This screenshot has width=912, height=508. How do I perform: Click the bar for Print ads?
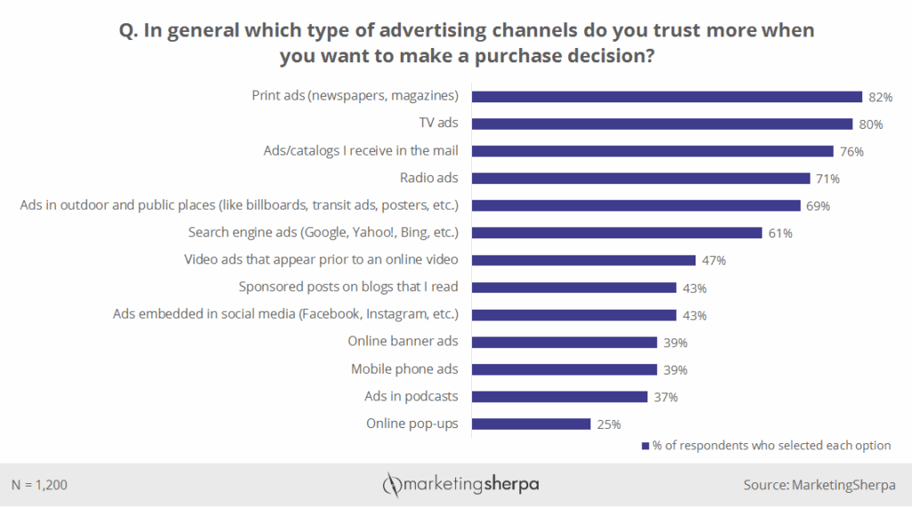pyautogui.click(x=666, y=96)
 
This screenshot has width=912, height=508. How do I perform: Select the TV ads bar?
pyautogui.click(x=662, y=124)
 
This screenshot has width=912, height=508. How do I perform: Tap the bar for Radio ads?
pyautogui.click(x=640, y=178)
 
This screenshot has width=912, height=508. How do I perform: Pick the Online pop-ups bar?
pyautogui.click(x=531, y=424)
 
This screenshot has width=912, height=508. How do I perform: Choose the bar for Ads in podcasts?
pyautogui.click(x=559, y=397)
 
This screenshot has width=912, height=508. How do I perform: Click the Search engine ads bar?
pyautogui.click(x=616, y=233)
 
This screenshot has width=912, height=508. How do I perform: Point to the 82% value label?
pyautogui.click(x=881, y=97)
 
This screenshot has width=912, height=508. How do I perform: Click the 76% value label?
pyautogui.click(x=851, y=151)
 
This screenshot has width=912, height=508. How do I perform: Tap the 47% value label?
pyautogui.click(x=713, y=261)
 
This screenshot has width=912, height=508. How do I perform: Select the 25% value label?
pyautogui.click(x=608, y=424)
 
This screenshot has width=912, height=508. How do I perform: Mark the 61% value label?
pyautogui.click(x=780, y=233)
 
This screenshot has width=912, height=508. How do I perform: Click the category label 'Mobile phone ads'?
pyautogui.click(x=404, y=369)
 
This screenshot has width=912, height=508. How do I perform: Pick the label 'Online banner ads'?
pyautogui.click(x=403, y=342)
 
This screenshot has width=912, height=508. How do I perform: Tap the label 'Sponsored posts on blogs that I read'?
pyautogui.click(x=348, y=287)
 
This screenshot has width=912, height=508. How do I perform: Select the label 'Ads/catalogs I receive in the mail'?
pyautogui.click(x=361, y=150)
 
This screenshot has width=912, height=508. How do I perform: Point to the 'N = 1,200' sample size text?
pyautogui.click(x=40, y=485)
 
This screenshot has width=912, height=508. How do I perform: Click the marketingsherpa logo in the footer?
pyautogui.click(x=460, y=485)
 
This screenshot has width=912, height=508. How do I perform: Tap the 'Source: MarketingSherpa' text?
pyautogui.click(x=819, y=485)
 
